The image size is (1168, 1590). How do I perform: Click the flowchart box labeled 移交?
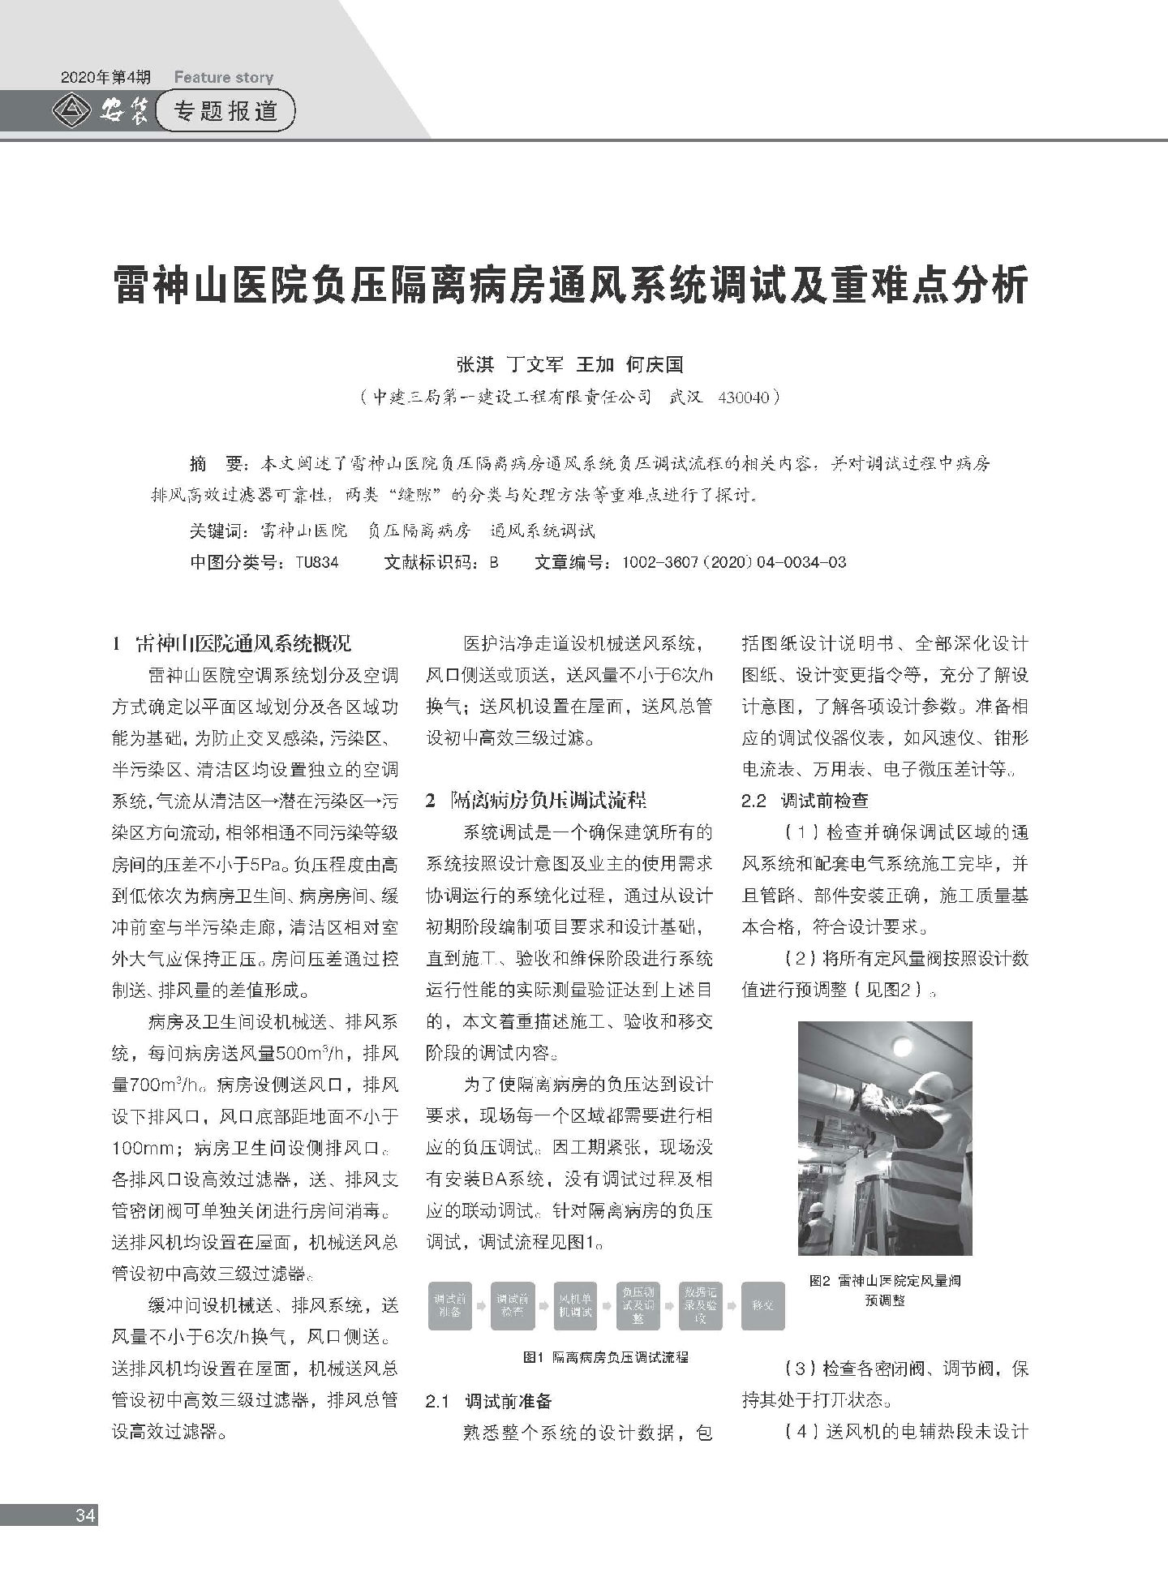(x=762, y=1305)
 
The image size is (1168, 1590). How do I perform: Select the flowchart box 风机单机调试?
(x=574, y=1305)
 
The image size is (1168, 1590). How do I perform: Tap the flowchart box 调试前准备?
(x=449, y=1305)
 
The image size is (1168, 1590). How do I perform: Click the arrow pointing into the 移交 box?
(x=732, y=1306)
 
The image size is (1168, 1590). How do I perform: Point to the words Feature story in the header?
(x=223, y=78)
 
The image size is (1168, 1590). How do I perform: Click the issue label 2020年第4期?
(x=105, y=78)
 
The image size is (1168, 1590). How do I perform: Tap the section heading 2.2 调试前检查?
(x=805, y=801)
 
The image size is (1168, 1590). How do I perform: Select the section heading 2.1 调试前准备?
(x=488, y=1400)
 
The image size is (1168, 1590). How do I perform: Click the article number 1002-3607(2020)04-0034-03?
(x=732, y=561)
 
